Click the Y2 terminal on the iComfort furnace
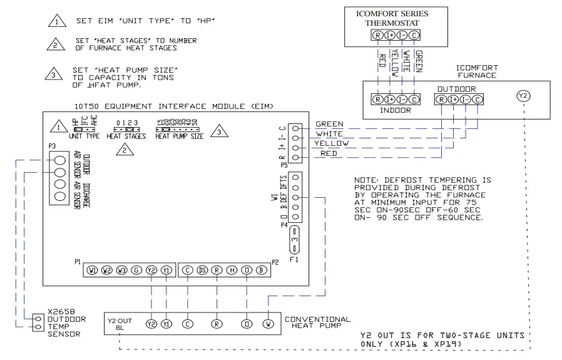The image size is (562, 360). click(523, 96)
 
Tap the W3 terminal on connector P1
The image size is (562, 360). click(121, 270)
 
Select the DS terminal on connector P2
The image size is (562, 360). click(202, 270)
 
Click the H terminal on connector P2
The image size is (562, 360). click(232, 270)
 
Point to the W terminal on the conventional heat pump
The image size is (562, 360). click(268, 324)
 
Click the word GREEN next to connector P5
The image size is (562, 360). click(330, 124)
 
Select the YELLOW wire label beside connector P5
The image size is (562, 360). click(332, 143)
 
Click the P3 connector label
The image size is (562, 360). click(53, 145)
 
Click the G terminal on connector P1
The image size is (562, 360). click(136, 270)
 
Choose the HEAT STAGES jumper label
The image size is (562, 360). click(126, 136)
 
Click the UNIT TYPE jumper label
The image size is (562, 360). click(84, 136)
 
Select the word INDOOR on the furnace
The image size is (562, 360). click(396, 110)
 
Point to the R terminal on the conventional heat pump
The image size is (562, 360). click(217, 324)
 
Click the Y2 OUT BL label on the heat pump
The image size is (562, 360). click(121, 324)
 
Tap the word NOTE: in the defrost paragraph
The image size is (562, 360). click(367, 180)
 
